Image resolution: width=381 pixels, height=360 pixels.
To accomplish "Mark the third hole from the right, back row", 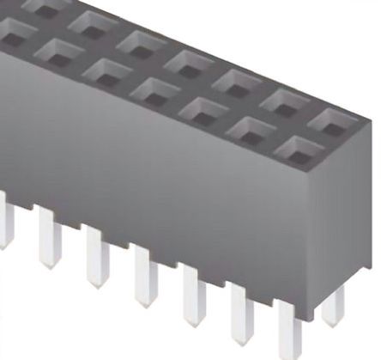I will pos(236,80).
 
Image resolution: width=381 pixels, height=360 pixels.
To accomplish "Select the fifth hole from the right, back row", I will pos(140,40).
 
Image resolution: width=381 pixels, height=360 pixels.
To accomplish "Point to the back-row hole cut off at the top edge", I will pos(43,4).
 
